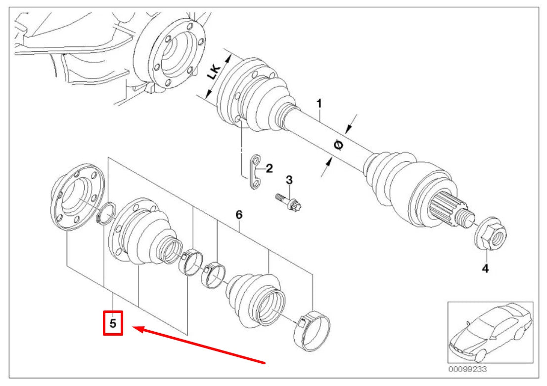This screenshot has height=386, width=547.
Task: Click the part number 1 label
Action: (x=319, y=103)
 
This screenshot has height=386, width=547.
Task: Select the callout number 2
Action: (x=269, y=168)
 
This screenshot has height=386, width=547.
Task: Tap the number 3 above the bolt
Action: (x=289, y=180)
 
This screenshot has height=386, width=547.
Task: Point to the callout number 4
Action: (x=485, y=269)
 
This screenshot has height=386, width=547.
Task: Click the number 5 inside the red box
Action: (x=113, y=323)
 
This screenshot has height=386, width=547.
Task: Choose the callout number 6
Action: (x=238, y=214)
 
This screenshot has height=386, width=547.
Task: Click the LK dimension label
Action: (x=214, y=72)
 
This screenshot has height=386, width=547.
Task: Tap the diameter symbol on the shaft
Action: (x=338, y=144)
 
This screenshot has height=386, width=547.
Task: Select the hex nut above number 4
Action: (x=490, y=235)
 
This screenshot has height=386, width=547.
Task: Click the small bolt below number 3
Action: (x=288, y=202)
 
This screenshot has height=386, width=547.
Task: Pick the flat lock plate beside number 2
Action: (x=255, y=172)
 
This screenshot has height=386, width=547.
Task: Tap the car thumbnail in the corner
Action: (x=491, y=332)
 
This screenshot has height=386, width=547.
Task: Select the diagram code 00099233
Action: (x=467, y=369)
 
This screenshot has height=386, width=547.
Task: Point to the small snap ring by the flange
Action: (x=106, y=213)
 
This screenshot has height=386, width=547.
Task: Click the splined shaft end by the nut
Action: (x=450, y=209)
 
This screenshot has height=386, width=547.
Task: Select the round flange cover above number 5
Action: (x=78, y=197)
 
